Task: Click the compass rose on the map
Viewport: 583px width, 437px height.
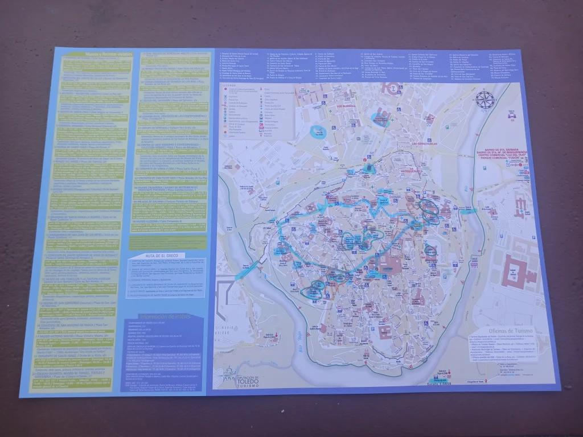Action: [x=485, y=100]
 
